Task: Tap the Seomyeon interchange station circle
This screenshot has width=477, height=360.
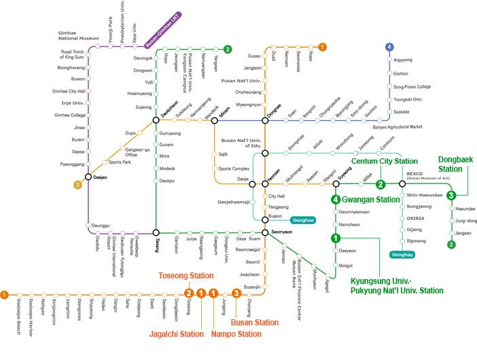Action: (x=264, y=232)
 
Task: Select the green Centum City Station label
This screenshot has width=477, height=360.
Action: (x=384, y=162)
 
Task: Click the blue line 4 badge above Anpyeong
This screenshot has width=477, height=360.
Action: (x=389, y=47)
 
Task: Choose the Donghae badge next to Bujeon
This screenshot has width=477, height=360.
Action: (x=302, y=220)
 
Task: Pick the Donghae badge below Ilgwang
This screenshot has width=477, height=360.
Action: (x=403, y=255)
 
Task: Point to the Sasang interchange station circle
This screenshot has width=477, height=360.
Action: (x=156, y=232)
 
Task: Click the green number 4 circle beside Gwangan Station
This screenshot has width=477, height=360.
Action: (x=336, y=200)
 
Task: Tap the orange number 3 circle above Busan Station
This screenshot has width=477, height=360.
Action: (x=236, y=293)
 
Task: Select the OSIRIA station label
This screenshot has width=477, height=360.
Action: (x=415, y=219)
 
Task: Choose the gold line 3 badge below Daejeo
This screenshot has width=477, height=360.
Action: (x=78, y=184)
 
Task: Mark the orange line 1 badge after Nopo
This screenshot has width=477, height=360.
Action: (x=322, y=47)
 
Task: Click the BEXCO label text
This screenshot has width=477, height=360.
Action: (x=415, y=173)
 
